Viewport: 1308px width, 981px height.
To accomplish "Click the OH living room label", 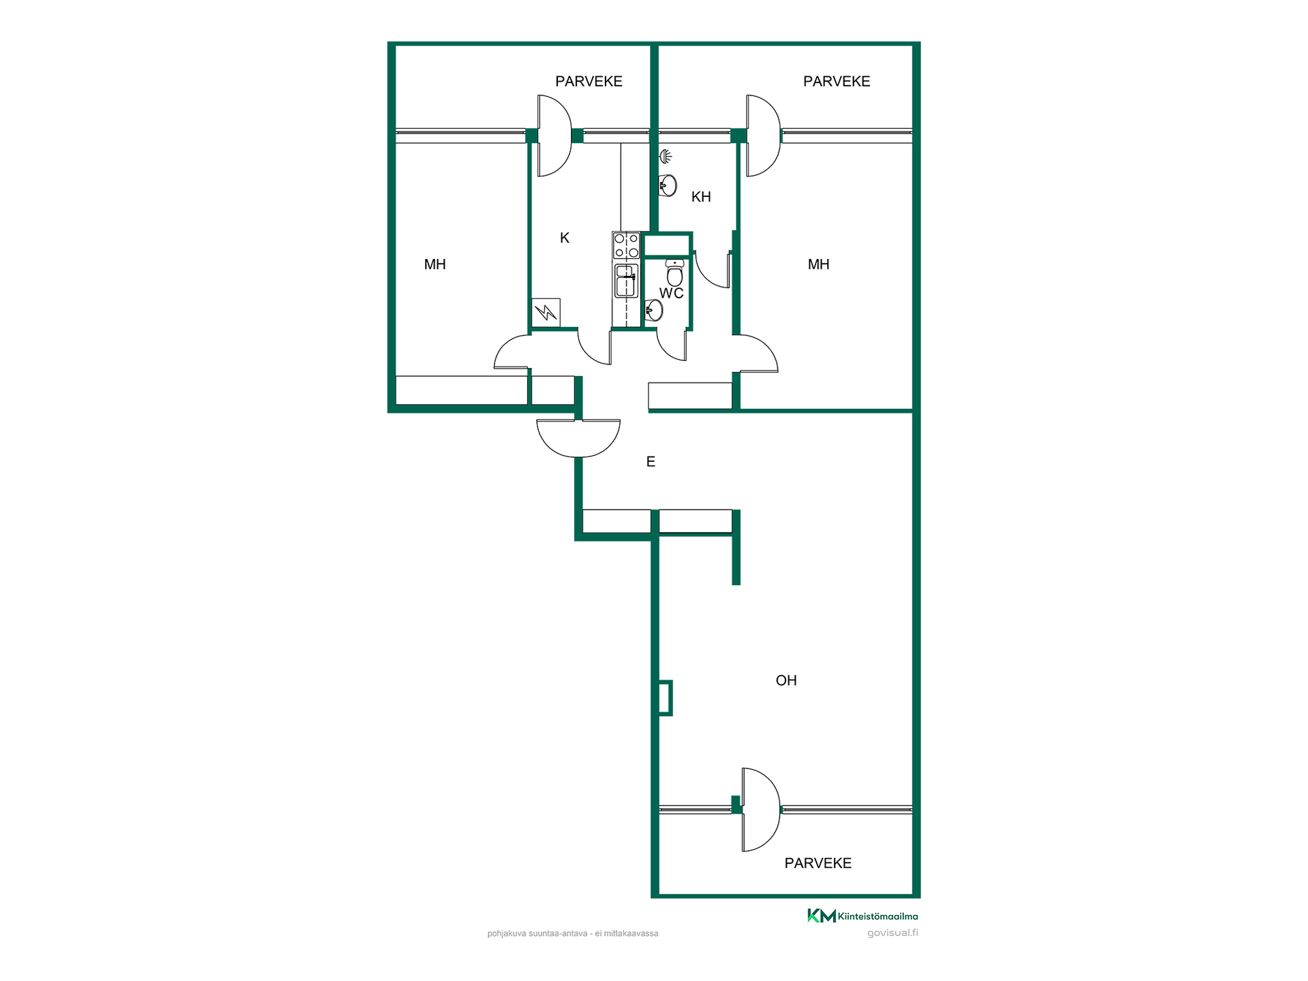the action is point(786,680).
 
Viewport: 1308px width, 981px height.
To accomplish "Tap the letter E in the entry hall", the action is point(651,461).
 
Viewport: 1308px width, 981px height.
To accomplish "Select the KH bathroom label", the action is point(701,197).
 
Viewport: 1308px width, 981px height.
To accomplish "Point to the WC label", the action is point(671,293).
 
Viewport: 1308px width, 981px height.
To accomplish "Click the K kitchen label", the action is point(564,238).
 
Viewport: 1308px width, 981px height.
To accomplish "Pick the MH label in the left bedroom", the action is point(435,264).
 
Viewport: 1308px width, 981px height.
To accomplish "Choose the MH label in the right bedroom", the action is point(818,264).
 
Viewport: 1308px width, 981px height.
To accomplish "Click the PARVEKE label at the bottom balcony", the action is point(817,863).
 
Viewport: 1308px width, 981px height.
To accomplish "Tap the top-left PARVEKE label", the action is point(589,82).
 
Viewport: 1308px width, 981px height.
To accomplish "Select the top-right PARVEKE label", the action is point(837,82).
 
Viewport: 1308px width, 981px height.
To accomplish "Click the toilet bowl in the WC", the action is point(674,272).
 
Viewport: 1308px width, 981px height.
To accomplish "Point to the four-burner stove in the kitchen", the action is point(626,246).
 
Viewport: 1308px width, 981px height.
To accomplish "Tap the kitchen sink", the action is point(626,281).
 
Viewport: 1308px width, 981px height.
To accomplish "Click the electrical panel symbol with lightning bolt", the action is point(546,313).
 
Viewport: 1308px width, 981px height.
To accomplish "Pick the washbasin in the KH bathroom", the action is point(668,185).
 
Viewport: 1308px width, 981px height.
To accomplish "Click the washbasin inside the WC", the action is point(654,311).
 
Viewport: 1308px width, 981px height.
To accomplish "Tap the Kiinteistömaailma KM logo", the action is point(862,916).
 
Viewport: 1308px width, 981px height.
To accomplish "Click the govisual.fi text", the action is point(892,933).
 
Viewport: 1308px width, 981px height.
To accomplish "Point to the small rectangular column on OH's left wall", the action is point(666,698).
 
